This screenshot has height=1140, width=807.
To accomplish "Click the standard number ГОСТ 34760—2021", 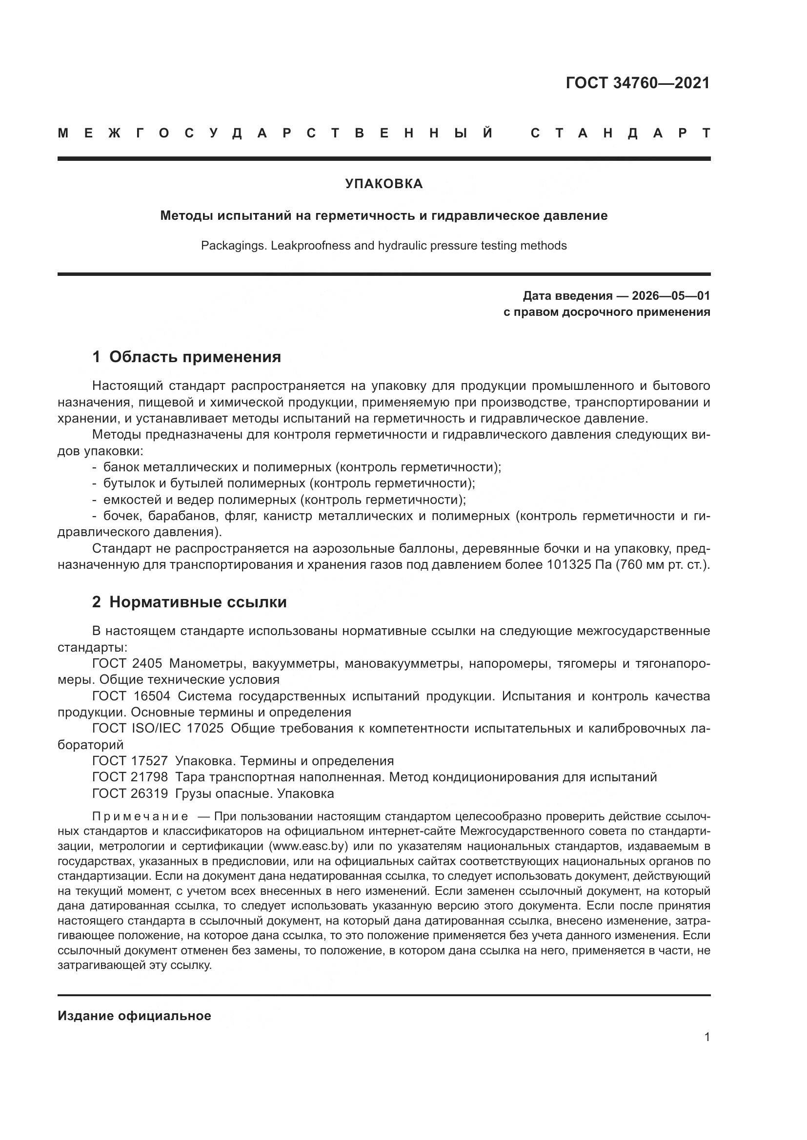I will click(638, 83).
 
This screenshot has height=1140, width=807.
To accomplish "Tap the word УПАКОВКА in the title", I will click(383, 184).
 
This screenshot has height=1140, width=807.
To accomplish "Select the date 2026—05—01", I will click(670, 296).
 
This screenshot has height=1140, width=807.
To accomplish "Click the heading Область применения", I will click(195, 357).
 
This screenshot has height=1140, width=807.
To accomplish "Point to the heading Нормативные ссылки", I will click(198, 602).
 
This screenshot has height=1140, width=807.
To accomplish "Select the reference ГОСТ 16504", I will click(131, 696).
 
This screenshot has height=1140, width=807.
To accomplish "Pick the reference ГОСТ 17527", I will click(130, 761).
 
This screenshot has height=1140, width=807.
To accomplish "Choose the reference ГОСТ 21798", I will click(130, 776).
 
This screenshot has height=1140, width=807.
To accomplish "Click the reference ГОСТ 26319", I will click(130, 793).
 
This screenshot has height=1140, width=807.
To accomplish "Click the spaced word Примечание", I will click(140, 817).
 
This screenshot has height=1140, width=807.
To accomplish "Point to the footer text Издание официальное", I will click(134, 1016).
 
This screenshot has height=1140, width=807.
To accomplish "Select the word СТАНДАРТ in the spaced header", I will click(620, 134).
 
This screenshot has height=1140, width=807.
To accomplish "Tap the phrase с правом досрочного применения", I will click(607, 312).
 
